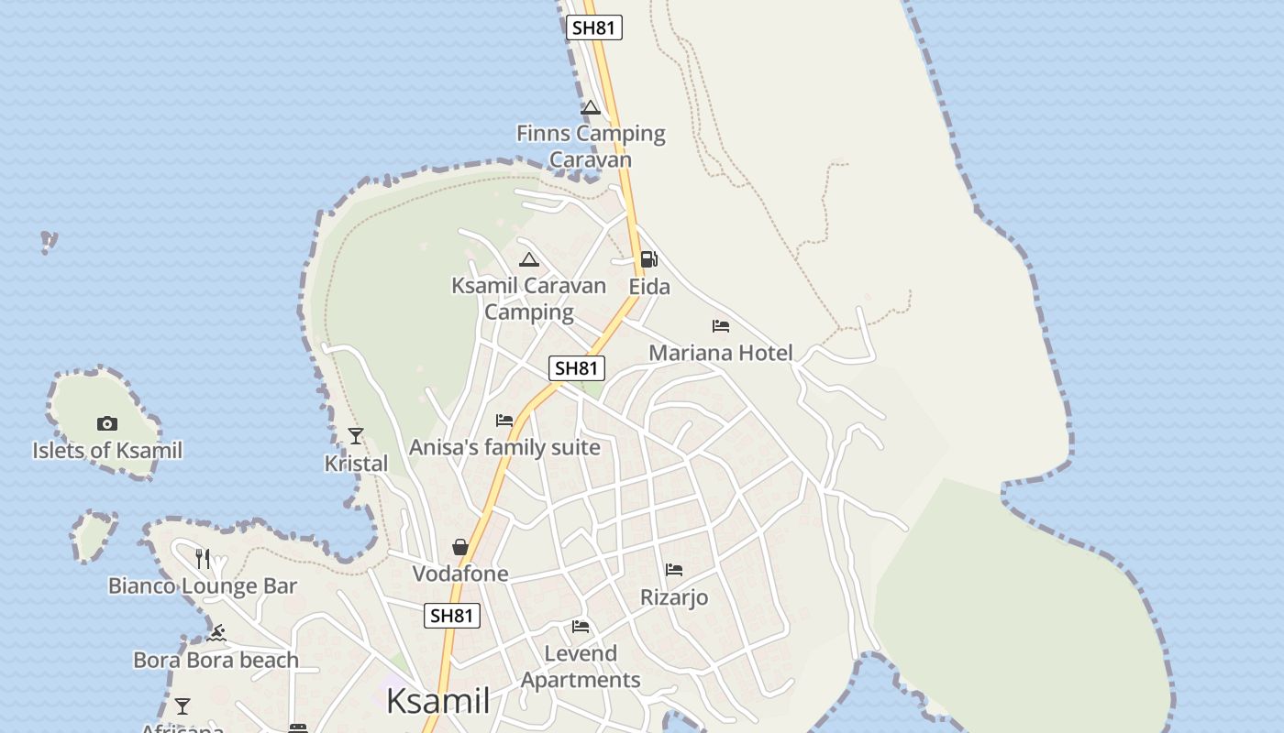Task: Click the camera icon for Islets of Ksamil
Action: click(107, 423)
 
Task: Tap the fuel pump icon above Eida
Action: click(648, 259)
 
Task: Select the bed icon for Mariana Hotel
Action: click(721, 325)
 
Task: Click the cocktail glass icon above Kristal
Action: click(356, 436)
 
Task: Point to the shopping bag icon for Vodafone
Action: click(460, 547)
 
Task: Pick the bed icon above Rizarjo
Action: click(674, 570)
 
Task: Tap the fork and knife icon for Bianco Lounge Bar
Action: click(203, 558)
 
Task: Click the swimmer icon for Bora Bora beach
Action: click(216, 633)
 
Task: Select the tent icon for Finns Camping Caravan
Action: click(591, 107)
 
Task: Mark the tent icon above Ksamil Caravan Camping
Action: click(529, 259)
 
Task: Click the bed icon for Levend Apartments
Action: click(581, 627)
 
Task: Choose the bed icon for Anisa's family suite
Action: click(504, 421)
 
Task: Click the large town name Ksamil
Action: click(437, 701)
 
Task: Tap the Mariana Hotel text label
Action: click(721, 353)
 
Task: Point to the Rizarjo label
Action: click(674, 597)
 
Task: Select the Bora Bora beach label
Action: click(216, 660)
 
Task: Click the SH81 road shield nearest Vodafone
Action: click(451, 616)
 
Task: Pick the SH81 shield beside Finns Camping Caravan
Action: click(593, 27)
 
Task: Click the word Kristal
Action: click(356, 464)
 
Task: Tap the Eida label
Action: click(649, 287)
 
